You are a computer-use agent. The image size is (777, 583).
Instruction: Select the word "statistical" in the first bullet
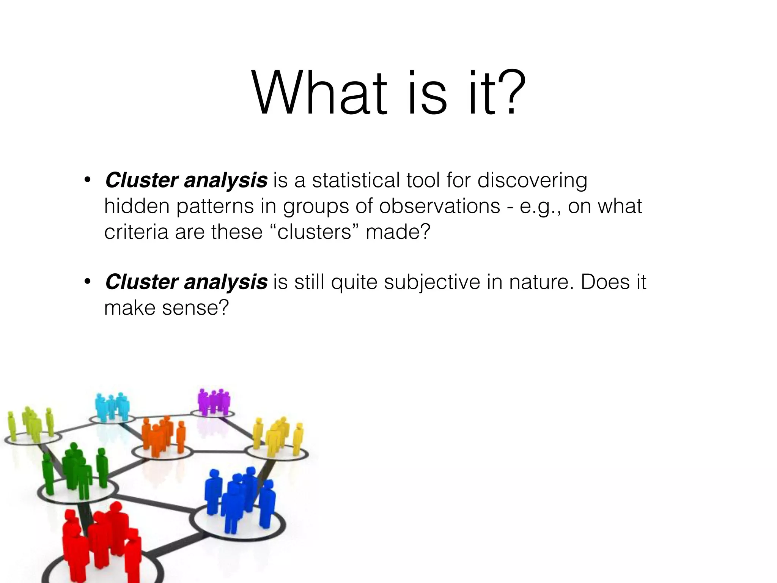tap(356, 180)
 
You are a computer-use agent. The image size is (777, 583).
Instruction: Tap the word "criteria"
tap(136, 232)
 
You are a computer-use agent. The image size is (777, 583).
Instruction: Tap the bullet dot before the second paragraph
tap(87, 282)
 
